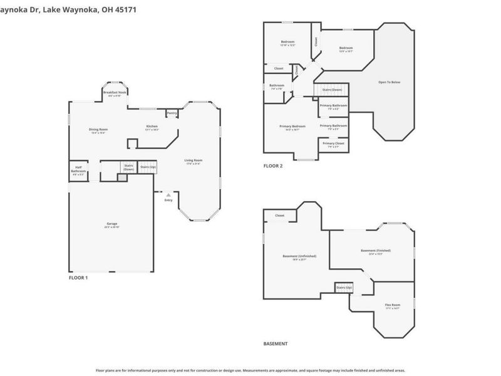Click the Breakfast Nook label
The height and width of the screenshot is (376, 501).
[115, 93]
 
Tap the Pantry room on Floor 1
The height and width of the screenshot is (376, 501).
[172, 113]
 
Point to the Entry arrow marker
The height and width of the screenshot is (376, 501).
[168, 195]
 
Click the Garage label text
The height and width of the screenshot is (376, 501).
[112, 224]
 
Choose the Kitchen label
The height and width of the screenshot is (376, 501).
[152, 127]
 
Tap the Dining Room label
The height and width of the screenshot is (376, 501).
[99, 130]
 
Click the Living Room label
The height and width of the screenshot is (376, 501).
[193, 160]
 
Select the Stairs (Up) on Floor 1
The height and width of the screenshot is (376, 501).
[147, 167]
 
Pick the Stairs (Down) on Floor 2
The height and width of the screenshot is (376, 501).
[331, 90]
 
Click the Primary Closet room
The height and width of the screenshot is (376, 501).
[333, 144]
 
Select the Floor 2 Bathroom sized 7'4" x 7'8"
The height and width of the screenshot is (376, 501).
[276, 86]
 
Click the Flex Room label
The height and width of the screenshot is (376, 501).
[392, 305]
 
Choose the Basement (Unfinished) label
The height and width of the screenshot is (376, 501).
[299, 256]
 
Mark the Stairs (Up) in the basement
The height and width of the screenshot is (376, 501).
[344, 288]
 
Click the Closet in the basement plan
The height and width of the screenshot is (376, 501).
[279, 216]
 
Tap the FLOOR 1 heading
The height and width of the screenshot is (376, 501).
[78, 277]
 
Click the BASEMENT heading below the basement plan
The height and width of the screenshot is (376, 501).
[276, 344]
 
